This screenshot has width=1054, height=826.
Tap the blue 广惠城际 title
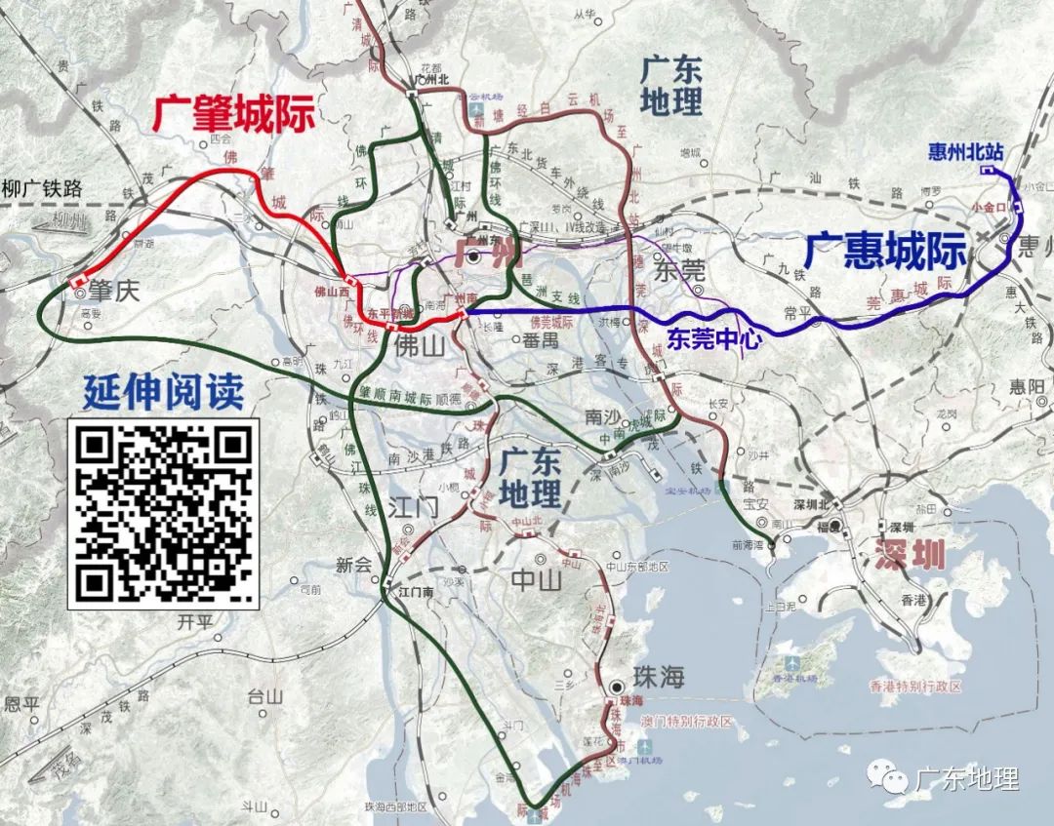885,252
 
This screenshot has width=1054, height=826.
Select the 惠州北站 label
965,151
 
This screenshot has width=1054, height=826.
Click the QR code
163,514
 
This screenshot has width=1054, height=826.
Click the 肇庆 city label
115,291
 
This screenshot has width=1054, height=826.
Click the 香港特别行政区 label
914,687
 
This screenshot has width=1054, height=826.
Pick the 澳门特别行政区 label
686,721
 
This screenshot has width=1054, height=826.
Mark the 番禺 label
540,340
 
